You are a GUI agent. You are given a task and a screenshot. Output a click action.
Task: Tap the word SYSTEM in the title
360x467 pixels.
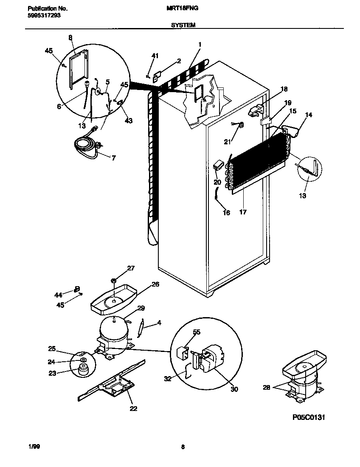(x=183, y=25)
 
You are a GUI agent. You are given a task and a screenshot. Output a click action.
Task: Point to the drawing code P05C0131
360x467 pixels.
(x=309, y=417)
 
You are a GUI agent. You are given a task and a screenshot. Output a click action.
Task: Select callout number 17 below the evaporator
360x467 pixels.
(x=243, y=211)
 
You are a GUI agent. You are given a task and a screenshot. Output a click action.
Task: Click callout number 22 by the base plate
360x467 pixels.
(x=133, y=408)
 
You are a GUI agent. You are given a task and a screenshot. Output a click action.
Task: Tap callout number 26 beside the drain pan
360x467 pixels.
(x=155, y=284)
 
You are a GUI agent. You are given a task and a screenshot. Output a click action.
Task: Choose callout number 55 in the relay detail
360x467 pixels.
(x=197, y=332)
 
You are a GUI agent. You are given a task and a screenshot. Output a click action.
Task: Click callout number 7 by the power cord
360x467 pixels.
(x=113, y=158)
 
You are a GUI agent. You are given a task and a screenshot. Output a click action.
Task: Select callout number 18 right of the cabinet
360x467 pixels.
(x=284, y=89)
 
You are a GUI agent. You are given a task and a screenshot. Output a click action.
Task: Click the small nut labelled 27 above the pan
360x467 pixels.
(x=114, y=280)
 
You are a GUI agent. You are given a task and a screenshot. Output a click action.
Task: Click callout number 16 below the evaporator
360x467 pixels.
(x=226, y=213)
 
